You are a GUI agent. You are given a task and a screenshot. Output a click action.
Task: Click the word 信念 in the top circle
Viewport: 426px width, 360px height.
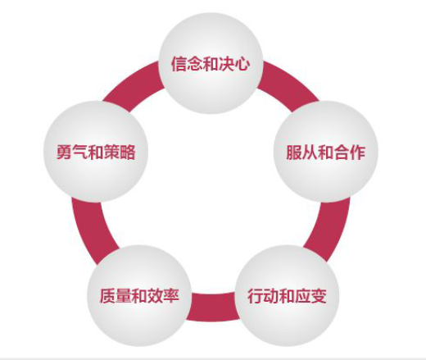point(187,64)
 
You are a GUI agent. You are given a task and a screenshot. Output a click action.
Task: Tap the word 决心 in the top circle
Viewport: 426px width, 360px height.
point(234,64)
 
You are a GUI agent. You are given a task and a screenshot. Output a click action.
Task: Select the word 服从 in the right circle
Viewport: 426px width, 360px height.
point(302,153)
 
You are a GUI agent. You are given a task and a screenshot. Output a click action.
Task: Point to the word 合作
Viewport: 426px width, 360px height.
point(350,153)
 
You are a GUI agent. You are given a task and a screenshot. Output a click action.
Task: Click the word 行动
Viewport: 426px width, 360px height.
point(263,296)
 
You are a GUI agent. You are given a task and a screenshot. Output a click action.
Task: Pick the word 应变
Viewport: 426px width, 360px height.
point(310,296)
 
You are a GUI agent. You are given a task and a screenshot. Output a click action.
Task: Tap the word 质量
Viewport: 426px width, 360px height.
point(116,296)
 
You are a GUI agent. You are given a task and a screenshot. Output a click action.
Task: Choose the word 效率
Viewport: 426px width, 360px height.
point(163,296)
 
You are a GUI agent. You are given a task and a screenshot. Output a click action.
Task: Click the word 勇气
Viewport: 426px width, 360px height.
point(72,152)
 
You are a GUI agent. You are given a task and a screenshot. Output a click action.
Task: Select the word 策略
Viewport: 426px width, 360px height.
point(120,152)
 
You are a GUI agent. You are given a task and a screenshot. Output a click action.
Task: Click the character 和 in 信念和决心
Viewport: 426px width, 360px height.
point(211,64)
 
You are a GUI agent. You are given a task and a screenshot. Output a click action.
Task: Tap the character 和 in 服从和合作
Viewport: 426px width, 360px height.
point(326,153)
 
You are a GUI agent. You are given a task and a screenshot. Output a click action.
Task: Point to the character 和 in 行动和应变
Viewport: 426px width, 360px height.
point(287,296)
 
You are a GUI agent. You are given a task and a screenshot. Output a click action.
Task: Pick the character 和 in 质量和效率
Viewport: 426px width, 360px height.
point(139,296)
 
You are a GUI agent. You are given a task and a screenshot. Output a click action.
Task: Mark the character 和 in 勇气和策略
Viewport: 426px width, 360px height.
point(96,152)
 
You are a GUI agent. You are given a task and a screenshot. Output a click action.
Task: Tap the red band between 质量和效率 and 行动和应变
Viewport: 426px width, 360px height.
point(212,307)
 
